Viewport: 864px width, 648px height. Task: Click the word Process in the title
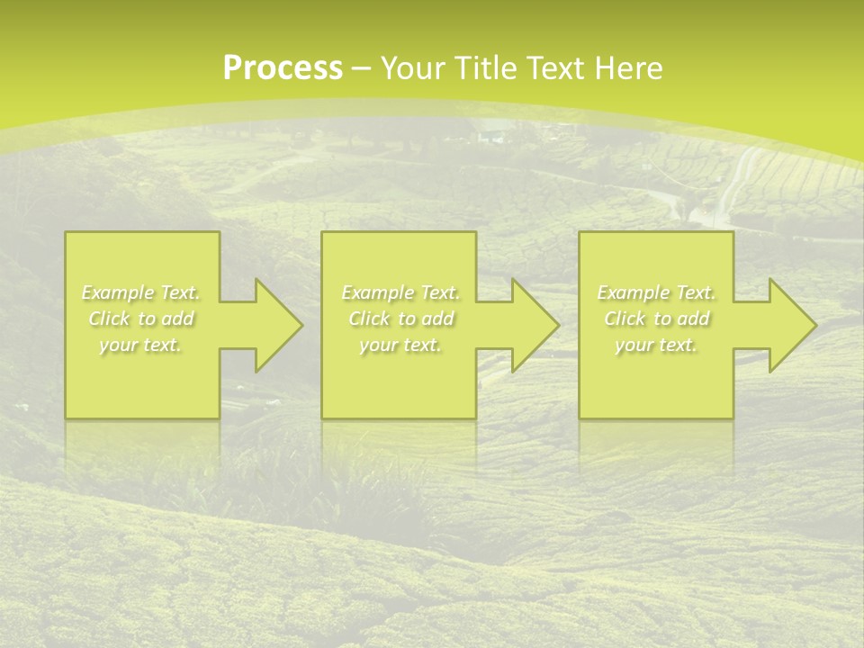(x=283, y=68)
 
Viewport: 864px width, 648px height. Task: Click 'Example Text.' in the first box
(x=140, y=292)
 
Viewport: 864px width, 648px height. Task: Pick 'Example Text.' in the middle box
(x=400, y=292)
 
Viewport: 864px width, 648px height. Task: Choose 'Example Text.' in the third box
(x=656, y=292)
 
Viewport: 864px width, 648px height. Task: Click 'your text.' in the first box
(x=140, y=345)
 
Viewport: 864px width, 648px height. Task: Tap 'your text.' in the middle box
(x=400, y=345)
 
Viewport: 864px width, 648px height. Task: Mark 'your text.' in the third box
(x=656, y=345)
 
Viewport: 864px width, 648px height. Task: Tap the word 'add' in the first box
(x=177, y=319)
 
